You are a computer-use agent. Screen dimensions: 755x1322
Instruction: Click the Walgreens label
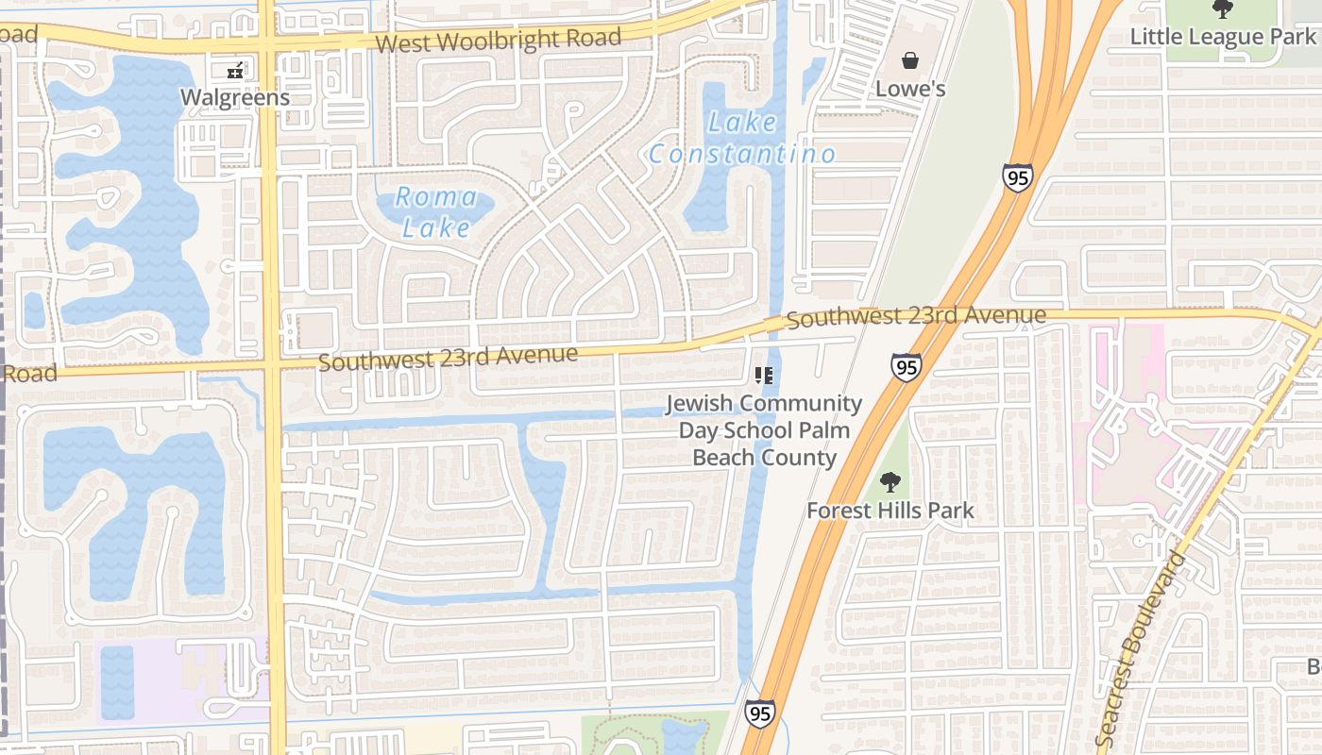234,97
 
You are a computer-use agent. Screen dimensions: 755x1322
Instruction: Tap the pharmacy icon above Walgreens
235,69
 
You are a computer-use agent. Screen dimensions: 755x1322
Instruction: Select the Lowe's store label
910,89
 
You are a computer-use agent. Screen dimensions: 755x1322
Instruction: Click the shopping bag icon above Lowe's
910,61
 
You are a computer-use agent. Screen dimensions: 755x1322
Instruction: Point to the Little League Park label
1223,37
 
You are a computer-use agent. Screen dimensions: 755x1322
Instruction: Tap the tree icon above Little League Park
1223,9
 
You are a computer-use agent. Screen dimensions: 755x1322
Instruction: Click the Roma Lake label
436,211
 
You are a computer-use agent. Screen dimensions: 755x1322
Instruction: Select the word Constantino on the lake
742,154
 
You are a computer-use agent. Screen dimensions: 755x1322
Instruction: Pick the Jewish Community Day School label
764,429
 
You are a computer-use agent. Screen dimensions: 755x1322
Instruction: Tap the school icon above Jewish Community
764,377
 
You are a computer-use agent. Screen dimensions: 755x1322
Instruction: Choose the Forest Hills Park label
890,512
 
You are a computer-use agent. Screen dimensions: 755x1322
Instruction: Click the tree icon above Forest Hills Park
890,482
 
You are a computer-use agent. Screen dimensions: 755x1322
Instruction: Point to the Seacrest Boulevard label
1142,650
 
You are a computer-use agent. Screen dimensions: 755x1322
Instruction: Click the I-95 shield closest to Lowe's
1018,177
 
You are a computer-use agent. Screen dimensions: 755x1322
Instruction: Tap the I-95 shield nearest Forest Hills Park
906,367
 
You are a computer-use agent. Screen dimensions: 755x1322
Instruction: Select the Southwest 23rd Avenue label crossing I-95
916,316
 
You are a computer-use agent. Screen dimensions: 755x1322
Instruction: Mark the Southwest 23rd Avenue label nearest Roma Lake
448,359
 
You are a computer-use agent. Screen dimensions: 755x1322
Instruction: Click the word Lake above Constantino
742,123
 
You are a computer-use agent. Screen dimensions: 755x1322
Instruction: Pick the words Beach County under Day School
764,458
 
